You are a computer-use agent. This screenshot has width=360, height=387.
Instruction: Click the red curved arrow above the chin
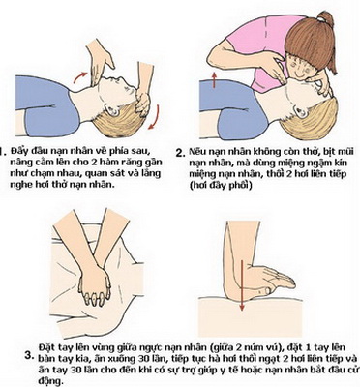(x=79, y=76)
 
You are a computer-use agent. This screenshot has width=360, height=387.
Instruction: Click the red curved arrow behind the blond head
(x=156, y=117)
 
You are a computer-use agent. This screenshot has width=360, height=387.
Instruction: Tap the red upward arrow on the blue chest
(x=214, y=80)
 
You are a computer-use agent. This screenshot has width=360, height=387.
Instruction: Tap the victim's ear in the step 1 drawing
(x=113, y=112)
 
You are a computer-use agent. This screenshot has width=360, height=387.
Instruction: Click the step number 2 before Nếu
(x=180, y=153)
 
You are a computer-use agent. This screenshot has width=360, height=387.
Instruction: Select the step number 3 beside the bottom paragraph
(x=29, y=356)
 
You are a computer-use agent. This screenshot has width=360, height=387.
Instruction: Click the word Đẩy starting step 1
(x=17, y=151)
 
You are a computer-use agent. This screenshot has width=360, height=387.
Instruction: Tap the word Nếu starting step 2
(x=196, y=151)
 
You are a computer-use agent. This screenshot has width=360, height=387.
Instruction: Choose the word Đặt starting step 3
(x=45, y=347)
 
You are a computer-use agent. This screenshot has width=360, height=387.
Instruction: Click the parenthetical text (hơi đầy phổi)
(x=221, y=186)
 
